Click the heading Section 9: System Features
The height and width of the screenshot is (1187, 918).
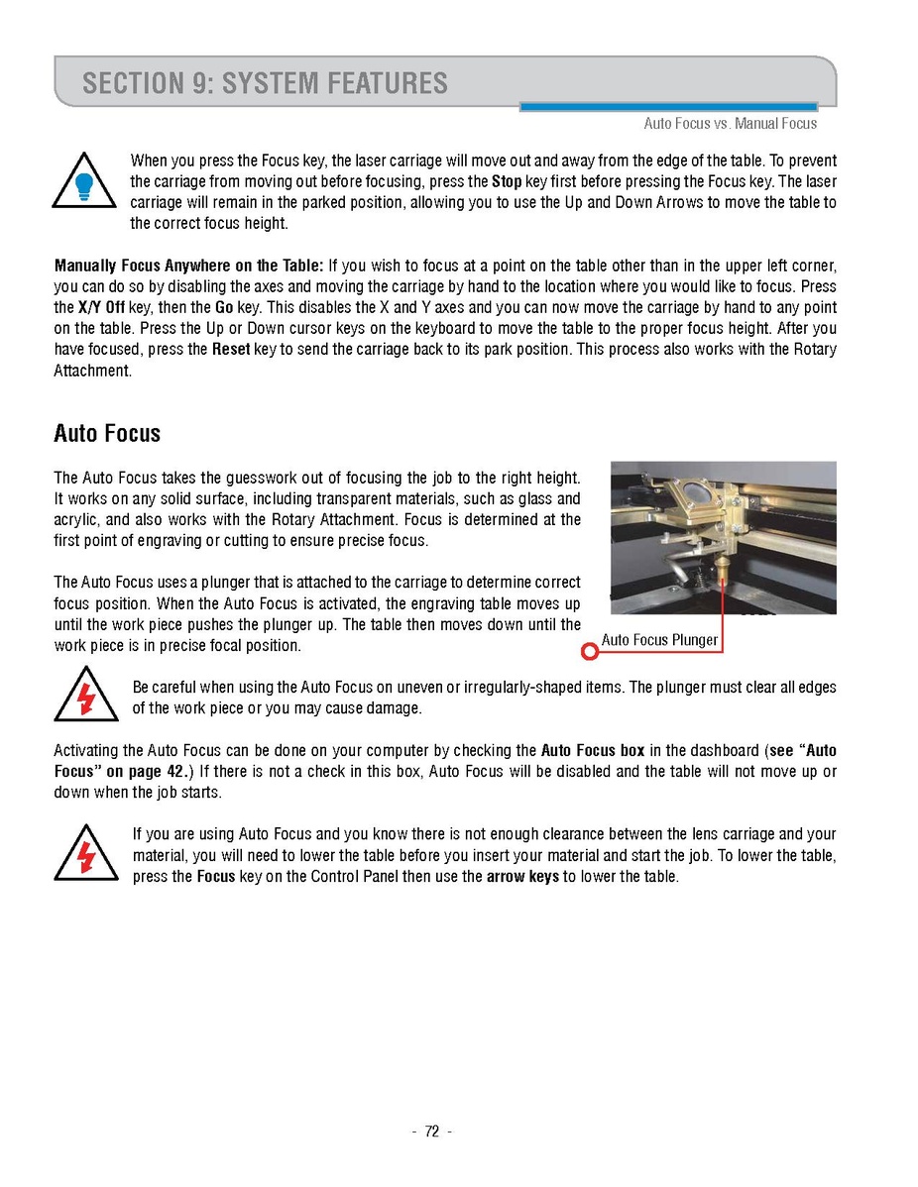coord(265,83)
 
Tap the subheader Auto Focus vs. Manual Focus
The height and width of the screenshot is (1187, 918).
coord(731,124)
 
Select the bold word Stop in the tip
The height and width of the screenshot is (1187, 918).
coord(507,181)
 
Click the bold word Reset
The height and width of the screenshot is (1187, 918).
coord(231,350)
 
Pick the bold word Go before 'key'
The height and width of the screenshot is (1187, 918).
coord(224,307)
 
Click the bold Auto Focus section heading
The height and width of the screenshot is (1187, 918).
coord(107,434)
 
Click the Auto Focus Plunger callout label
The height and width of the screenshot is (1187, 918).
coord(659,640)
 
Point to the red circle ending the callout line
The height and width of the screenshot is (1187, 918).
coord(590,651)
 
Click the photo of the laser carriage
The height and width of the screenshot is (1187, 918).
coord(723,537)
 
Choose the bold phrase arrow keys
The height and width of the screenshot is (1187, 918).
coord(522,877)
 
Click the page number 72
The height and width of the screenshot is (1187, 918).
coord(431,1133)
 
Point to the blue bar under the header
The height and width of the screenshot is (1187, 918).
coord(668,107)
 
